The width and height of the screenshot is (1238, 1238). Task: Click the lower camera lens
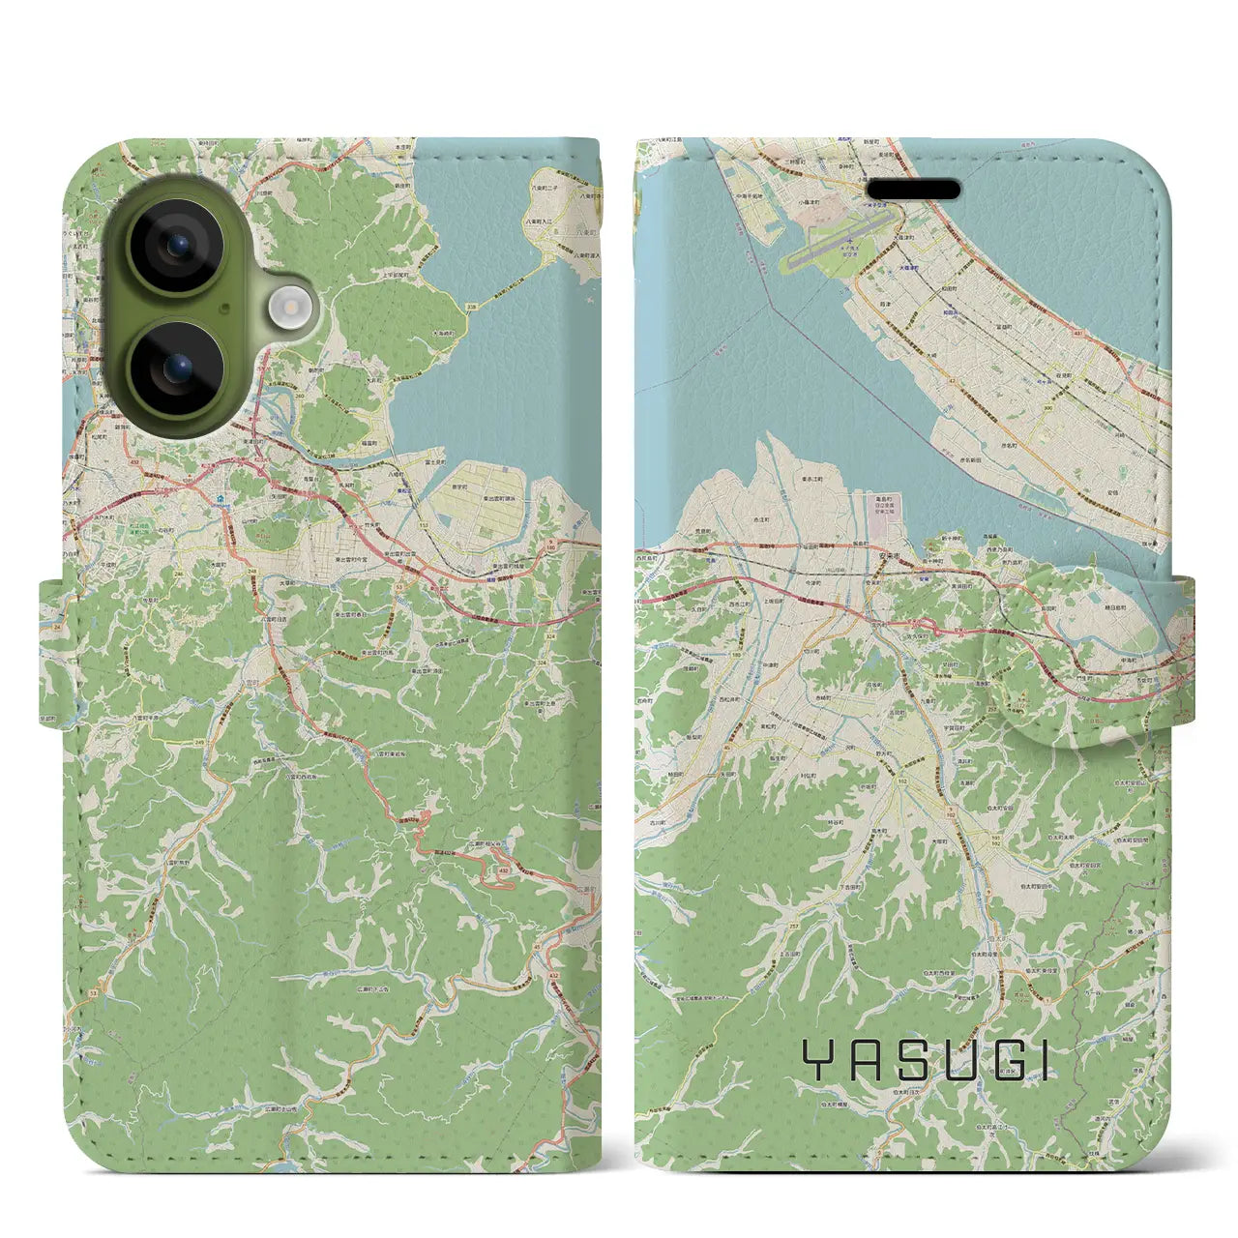click(178, 369)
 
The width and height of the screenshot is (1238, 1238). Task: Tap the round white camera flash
click(289, 309)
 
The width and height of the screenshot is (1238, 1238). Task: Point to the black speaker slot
click(912, 189)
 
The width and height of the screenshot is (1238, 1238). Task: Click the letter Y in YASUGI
click(817, 1061)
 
